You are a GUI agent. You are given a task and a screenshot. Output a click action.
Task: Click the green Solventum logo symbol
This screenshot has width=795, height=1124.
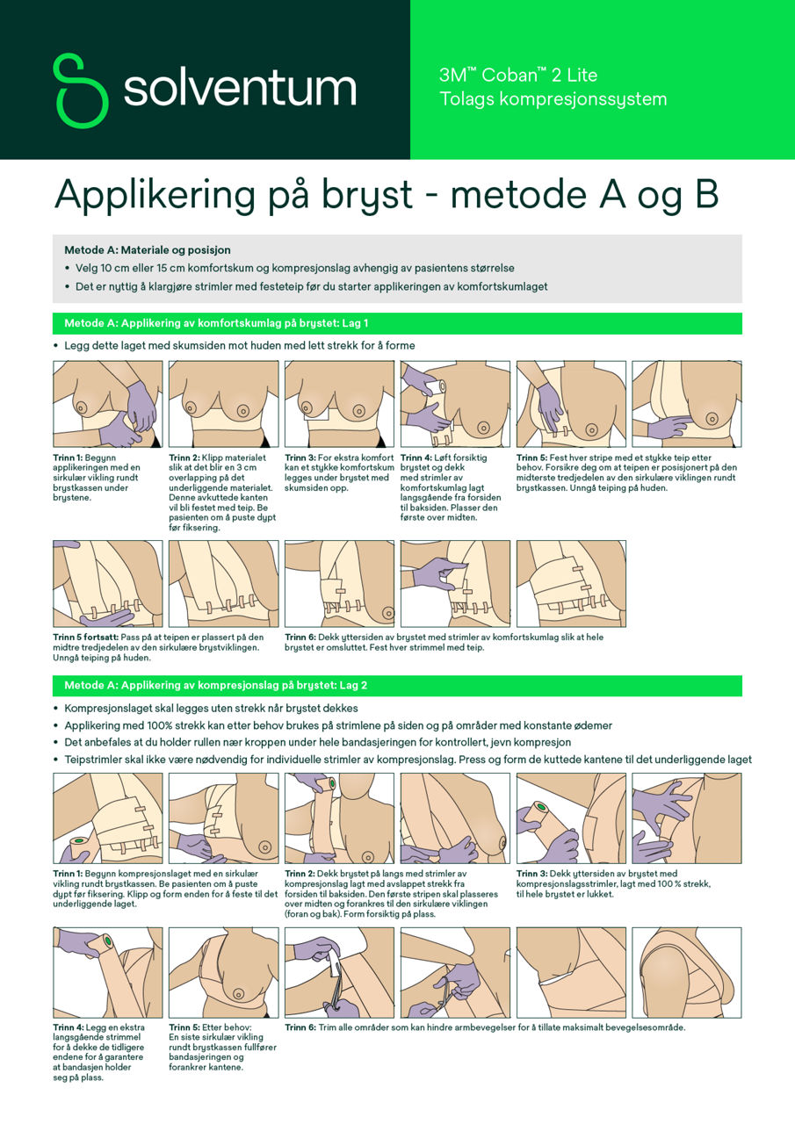(81, 90)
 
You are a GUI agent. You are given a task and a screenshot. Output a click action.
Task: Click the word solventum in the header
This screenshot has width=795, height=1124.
(240, 89)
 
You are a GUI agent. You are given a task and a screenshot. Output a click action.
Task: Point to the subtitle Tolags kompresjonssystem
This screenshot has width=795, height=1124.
(553, 99)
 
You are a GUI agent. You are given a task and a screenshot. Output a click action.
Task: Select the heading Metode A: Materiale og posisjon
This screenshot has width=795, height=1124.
(147, 250)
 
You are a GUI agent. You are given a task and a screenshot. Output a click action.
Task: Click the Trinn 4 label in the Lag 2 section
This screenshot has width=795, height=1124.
(70, 1027)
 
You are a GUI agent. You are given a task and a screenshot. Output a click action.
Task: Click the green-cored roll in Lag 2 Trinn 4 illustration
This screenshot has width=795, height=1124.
(105, 943)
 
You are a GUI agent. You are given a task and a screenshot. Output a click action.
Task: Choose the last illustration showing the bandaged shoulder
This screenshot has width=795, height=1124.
(686, 972)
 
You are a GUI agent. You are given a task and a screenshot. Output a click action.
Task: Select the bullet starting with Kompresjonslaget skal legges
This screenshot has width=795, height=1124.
(211, 708)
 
